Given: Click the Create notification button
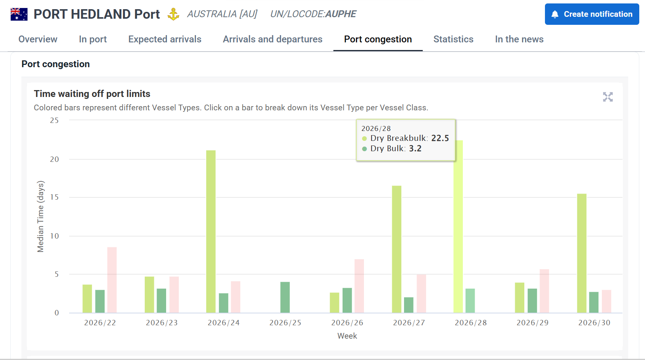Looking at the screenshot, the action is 592,14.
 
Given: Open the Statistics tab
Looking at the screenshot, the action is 453,39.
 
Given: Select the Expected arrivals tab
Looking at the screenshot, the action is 165,39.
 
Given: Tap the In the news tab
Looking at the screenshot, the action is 519,39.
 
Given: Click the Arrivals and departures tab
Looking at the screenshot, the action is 272,39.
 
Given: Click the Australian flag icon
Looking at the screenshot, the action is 19,14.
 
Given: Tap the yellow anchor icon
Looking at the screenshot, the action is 173,14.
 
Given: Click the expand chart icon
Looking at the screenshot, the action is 608,97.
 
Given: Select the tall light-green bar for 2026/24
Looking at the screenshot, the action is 211,231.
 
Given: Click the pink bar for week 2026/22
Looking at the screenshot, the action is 112,280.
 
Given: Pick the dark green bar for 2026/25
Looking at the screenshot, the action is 285,297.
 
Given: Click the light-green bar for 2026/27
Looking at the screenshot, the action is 396,249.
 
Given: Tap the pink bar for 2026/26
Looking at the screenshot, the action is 359,286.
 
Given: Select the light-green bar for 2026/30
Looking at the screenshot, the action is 582,253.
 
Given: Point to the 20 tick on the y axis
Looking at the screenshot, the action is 55,159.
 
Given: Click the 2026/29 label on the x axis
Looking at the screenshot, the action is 532,323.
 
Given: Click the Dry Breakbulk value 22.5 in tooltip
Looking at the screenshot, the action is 440,138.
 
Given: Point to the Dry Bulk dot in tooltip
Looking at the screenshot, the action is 364,149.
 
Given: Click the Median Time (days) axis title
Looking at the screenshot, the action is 40,216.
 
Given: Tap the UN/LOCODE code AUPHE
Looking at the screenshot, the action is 341,14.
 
